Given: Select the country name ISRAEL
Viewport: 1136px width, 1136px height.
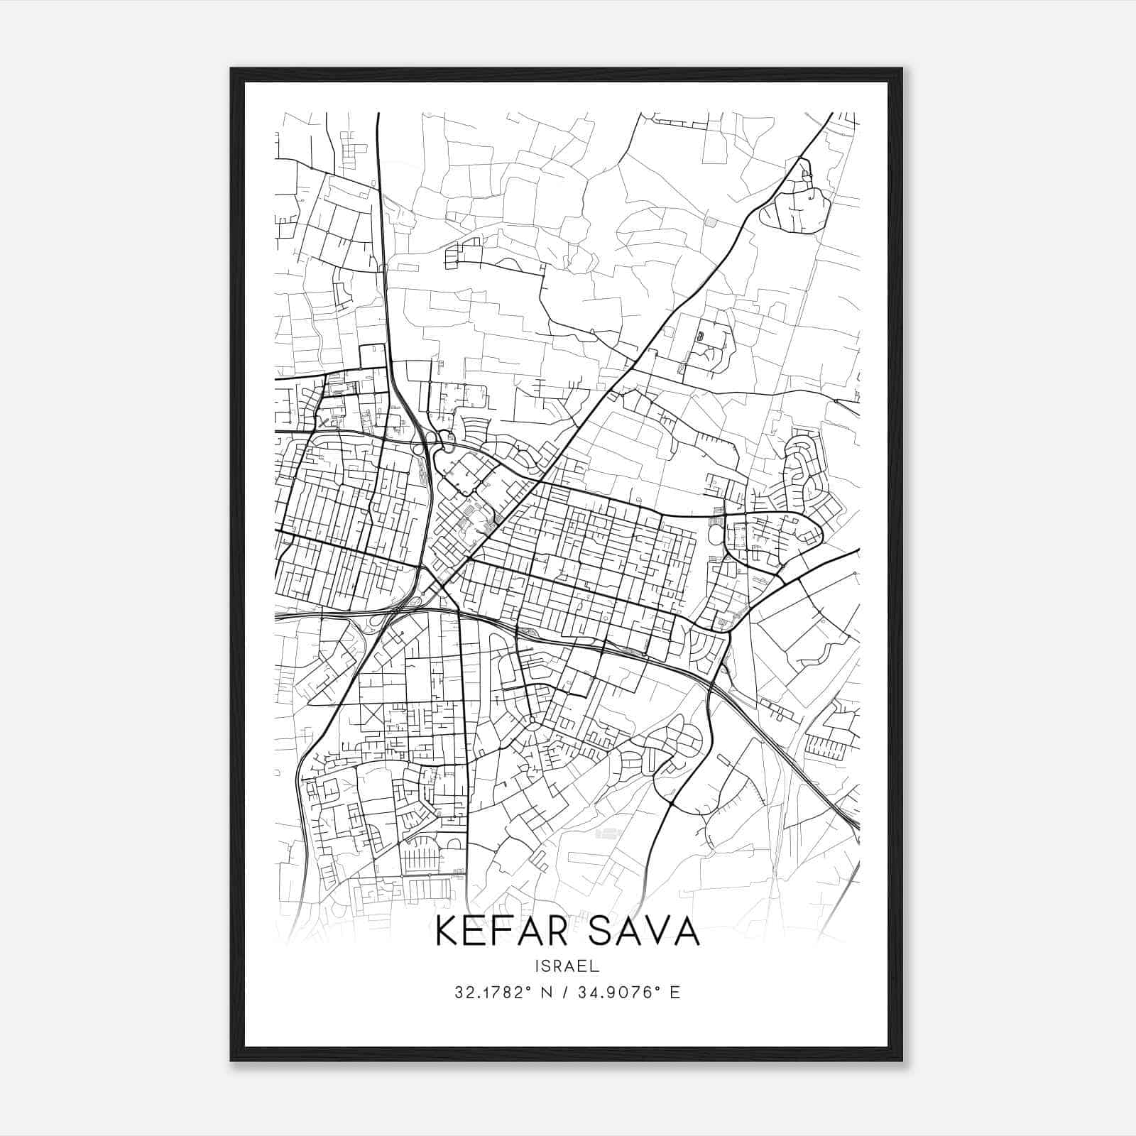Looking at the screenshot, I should (567, 966).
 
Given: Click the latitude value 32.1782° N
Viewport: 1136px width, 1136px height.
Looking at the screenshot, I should (503, 993).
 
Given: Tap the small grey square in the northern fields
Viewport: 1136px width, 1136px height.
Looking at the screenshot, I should (711, 222).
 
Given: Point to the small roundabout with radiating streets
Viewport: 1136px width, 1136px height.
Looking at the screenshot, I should (532, 721).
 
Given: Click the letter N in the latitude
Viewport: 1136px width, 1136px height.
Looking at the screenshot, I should (545, 993).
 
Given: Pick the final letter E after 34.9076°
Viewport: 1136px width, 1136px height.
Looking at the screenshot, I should (675, 993).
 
